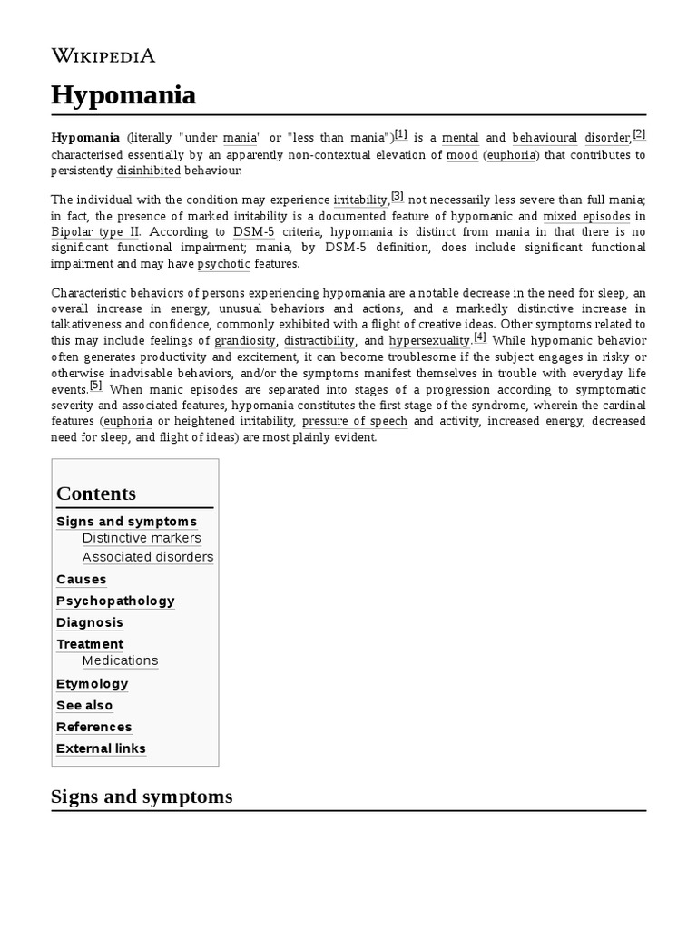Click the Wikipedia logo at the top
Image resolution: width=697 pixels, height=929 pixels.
coord(103,55)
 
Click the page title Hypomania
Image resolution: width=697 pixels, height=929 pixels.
coord(123,94)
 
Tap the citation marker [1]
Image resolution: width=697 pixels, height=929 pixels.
coord(400,134)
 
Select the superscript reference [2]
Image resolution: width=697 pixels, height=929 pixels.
coord(639,134)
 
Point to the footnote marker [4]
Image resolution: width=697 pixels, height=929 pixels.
coord(479,337)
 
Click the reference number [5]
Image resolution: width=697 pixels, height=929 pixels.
coord(95,384)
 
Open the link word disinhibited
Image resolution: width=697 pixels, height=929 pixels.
coord(148,171)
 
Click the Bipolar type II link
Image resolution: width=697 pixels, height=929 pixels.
coord(89,231)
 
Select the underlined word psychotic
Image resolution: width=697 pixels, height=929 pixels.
coord(223,264)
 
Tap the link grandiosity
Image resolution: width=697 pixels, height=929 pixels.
coord(244,341)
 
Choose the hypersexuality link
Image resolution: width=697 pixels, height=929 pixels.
coord(429,341)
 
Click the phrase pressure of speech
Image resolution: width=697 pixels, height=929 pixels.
coord(355,422)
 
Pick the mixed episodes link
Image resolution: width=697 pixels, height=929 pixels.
coord(585,216)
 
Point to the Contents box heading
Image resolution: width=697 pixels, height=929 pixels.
coord(96,494)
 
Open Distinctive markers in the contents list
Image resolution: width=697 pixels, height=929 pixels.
coord(142,538)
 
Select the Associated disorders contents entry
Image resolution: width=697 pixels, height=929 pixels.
coord(148,557)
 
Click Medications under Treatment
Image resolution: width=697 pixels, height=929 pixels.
coord(120,660)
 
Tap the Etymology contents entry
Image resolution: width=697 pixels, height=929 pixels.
coord(92,683)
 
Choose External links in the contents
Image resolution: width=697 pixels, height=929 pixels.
coord(101,748)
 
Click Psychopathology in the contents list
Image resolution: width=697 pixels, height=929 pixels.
coord(115,601)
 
